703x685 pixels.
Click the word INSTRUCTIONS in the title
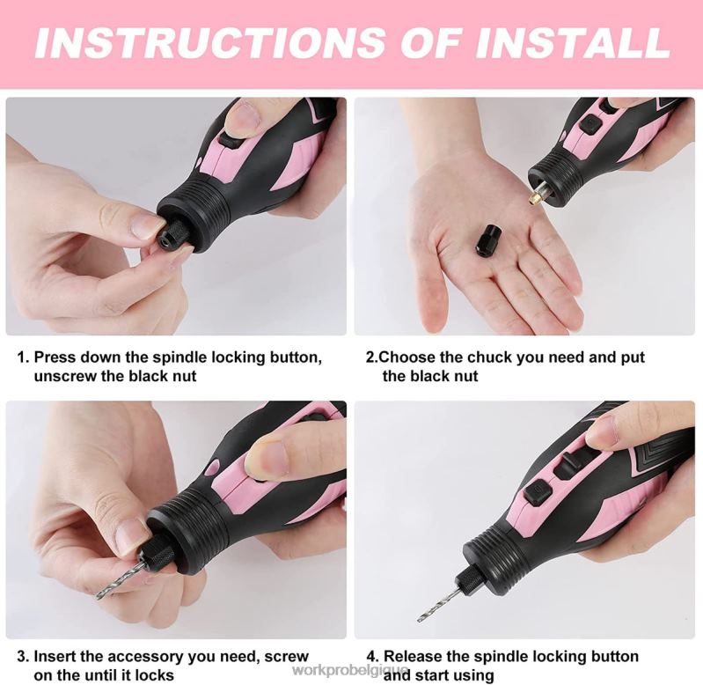(209, 42)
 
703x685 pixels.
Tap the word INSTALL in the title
(572, 42)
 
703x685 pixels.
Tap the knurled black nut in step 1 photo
(176, 232)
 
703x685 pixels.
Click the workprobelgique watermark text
(350, 671)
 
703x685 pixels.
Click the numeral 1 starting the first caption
(20, 357)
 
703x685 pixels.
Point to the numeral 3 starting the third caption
(21, 657)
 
